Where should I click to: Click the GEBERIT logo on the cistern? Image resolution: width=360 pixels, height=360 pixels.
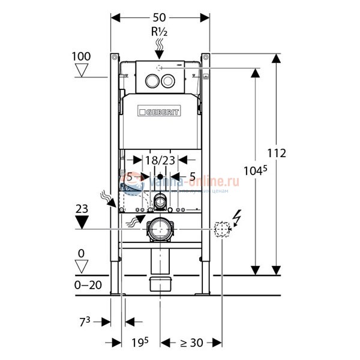pos(160,112)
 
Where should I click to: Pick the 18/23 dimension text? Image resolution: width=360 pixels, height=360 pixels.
pos(160,160)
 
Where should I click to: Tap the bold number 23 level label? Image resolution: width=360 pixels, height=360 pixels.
pos(83,208)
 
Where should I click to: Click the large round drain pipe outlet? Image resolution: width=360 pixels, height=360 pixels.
pos(160,228)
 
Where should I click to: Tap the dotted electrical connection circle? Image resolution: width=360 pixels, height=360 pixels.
pos(222,228)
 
